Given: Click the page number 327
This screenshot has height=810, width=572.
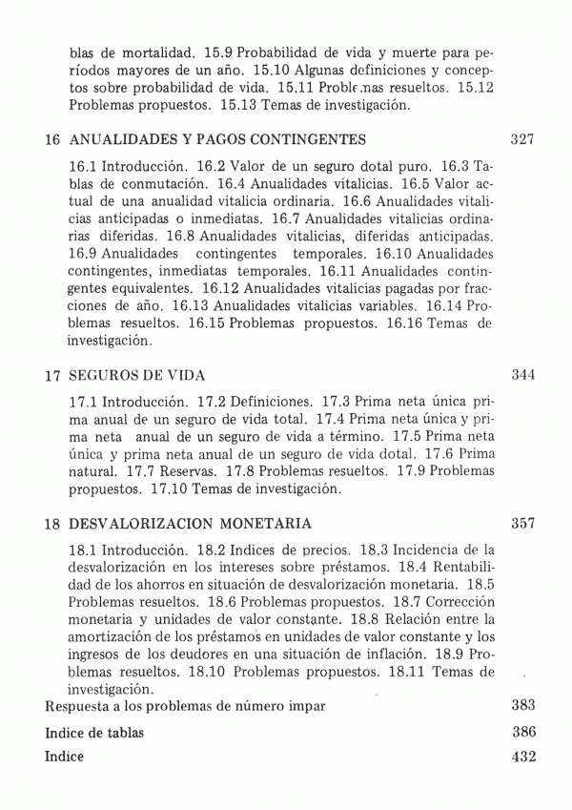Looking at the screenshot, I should click(521, 139).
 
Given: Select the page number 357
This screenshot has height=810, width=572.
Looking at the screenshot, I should click(521, 524).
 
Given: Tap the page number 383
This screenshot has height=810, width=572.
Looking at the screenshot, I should click(523, 706).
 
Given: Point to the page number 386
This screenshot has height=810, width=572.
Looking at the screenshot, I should click(523, 732).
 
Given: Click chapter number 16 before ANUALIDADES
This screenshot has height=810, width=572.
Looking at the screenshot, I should click(53, 140).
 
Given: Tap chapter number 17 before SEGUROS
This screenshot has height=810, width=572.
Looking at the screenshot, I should click(53, 376).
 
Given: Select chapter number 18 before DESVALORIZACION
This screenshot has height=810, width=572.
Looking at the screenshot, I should click(53, 525).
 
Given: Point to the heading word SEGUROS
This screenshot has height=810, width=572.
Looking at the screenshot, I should click(105, 375).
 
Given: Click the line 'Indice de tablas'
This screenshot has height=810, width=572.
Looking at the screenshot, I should click(95, 733).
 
